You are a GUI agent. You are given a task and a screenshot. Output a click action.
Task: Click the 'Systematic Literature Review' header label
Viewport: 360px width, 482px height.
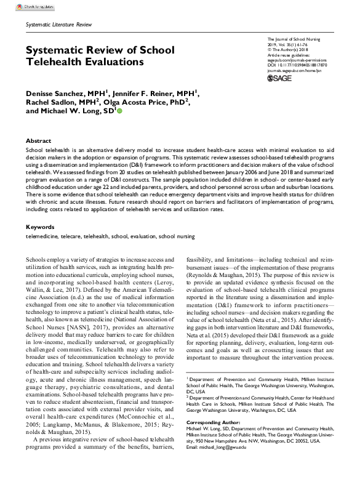(55, 23)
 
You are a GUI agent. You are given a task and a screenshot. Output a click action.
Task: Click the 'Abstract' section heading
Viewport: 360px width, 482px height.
(38, 141)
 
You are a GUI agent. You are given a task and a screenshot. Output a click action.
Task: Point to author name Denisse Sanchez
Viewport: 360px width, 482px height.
(55, 92)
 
